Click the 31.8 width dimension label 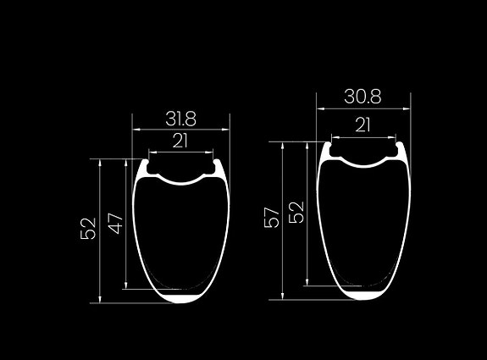[180, 119]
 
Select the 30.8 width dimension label [362, 97]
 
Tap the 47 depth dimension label [115, 223]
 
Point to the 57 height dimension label [272, 218]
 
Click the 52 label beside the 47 [88, 229]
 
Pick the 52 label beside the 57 [296, 213]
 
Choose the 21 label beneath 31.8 [180, 141]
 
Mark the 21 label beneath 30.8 [362, 125]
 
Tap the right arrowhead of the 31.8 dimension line [226, 130]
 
